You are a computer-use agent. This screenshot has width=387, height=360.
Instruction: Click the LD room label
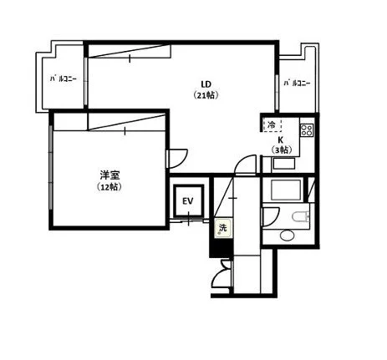[x=206, y=84]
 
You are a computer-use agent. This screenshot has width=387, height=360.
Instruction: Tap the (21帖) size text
[x=206, y=95]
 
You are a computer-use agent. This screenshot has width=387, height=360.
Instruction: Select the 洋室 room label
[x=109, y=175]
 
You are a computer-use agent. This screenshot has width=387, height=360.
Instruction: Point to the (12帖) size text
[x=109, y=187]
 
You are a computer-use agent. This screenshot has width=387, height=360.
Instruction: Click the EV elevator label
[x=188, y=201]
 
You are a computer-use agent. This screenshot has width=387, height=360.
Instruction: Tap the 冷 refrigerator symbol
[x=272, y=125]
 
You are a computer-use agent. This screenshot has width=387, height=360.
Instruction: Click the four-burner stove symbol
[x=307, y=130]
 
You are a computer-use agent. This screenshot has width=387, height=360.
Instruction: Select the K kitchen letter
[x=281, y=140]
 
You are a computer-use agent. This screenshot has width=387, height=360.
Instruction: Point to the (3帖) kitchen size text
[x=282, y=150]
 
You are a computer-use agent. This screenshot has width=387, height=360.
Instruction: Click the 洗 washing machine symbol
[x=223, y=228]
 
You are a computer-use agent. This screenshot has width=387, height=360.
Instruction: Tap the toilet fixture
[x=301, y=216]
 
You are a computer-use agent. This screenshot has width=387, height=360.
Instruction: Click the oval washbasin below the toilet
[x=287, y=236]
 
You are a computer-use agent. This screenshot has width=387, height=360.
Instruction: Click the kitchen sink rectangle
[x=283, y=164]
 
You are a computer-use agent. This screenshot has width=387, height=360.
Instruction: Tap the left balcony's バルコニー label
[x=63, y=79]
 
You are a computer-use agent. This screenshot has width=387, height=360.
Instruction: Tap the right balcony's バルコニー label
[x=297, y=83]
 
